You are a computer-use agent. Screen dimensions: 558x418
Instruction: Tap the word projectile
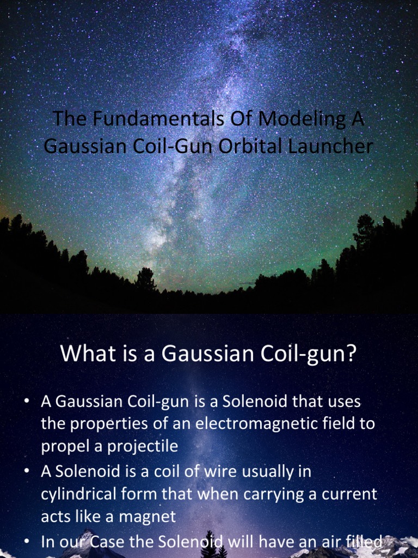[144, 446]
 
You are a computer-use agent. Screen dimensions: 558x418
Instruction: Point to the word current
[349, 494]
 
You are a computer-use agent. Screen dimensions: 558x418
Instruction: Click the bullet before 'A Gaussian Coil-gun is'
[26, 402]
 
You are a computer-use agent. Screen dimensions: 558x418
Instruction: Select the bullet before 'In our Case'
[26, 542]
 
